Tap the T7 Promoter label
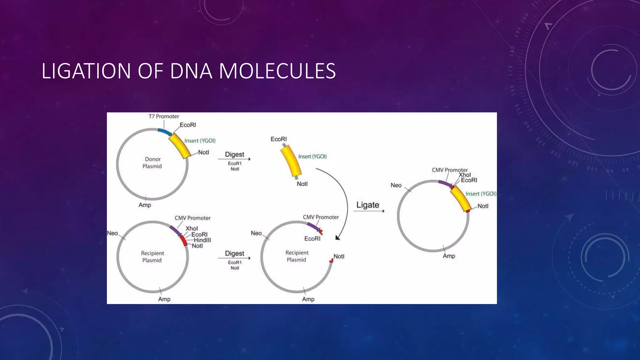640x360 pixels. pyautogui.click(x=163, y=116)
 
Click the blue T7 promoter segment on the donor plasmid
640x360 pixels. pyautogui.click(x=164, y=132)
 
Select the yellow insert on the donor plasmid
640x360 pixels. pyautogui.click(x=180, y=146)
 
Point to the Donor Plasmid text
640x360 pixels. pyautogui.click(x=152, y=162)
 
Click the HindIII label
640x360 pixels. pyautogui.click(x=202, y=240)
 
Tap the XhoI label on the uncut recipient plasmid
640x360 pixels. pyautogui.click(x=192, y=228)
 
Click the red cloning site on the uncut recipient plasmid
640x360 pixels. pyautogui.click(x=184, y=241)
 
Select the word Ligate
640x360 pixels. pyautogui.click(x=367, y=205)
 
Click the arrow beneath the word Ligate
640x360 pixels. pyautogui.click(x=369, y=211)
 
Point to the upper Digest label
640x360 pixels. pyautogui.click(x=234, y=154)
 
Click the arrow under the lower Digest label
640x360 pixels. pyautogui.click(x=234, y=258)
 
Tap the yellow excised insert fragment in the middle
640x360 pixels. pyautogui.click(x=291, y=161)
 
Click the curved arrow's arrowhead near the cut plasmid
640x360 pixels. pyautogui.click(x=337, y=238)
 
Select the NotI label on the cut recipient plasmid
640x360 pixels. pyautogui.click(x=339, y=256)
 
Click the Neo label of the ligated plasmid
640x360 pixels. pyautogui.click(x=396, y=185)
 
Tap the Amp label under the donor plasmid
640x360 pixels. pyautogui.click(x=145, y=205)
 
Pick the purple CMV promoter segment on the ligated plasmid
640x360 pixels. pyautogui.click(x=444, y=184)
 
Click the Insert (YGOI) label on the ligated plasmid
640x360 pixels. pyautogui.click(x=481, y=194)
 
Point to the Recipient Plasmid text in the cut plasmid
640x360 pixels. pyautogui.click(x=297, y=256)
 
